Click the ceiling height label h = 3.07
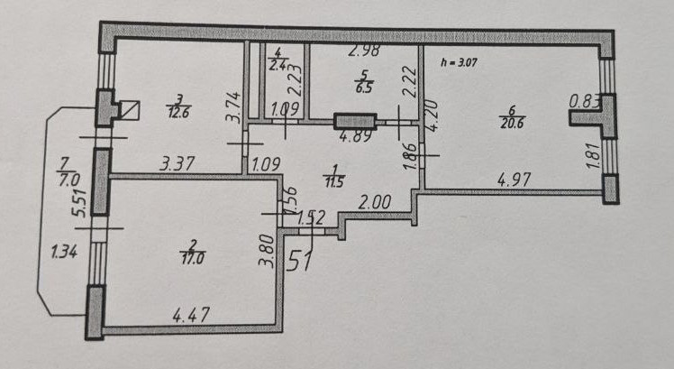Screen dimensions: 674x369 pyautogui.click(x=459, y=64)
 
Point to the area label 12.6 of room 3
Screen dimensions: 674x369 pyautogui.click(x=177, y=112)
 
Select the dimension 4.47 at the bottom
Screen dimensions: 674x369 pyautogui.click(x=192, y=317)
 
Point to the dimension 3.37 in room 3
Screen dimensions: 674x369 pyautogui.click(x=177, y=164)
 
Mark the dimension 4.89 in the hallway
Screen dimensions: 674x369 pyautogui.click(x=354, y=139)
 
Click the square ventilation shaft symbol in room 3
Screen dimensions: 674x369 pyautogui.click(x=130, y=111)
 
